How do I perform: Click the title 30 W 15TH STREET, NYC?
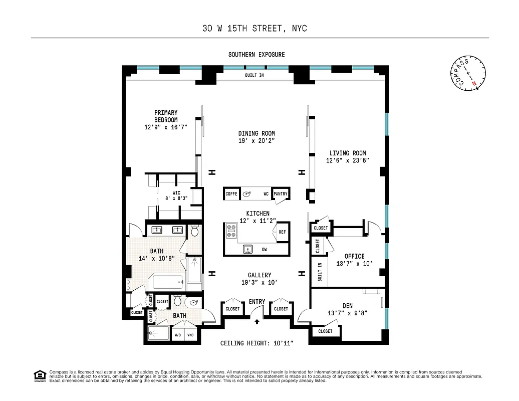[254, 29]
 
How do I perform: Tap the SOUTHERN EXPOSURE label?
[256, 55]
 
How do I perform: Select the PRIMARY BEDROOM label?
[166, 116]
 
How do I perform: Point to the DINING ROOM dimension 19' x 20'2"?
[256, 141]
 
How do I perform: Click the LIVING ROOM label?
[347, 153]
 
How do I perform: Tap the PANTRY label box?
[281, 193]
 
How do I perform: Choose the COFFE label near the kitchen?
[231, 193]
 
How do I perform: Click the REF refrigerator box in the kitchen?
[282, 232]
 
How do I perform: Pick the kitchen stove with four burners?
[232, 231]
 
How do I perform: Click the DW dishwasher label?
[264, 249]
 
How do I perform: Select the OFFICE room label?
[354, 257]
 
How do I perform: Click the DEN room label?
[347, 305]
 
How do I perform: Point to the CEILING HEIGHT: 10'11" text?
[256, 343]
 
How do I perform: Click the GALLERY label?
[259, 275]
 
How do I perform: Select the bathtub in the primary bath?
[168, 282]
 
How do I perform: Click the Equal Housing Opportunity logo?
[39, 375]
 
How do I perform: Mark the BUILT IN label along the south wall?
[254, 75]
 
